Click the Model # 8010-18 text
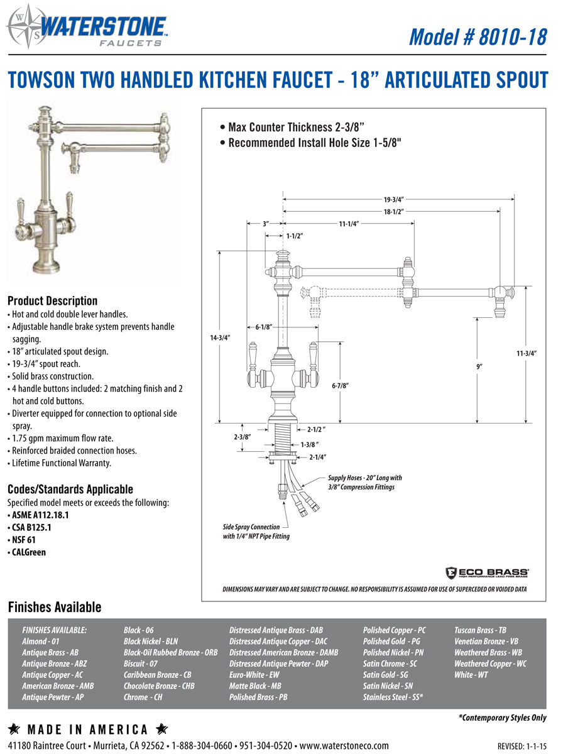478,37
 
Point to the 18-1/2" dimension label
393,212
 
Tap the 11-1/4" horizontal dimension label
349,224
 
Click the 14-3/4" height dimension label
220,337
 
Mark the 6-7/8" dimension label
340,386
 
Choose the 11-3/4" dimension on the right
527,353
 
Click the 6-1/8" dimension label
264,327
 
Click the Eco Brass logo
486,572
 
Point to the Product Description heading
52,301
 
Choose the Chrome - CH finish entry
143,697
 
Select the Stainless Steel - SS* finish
393,697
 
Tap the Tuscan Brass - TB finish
480,630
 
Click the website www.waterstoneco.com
344,746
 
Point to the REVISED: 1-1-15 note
522,746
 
